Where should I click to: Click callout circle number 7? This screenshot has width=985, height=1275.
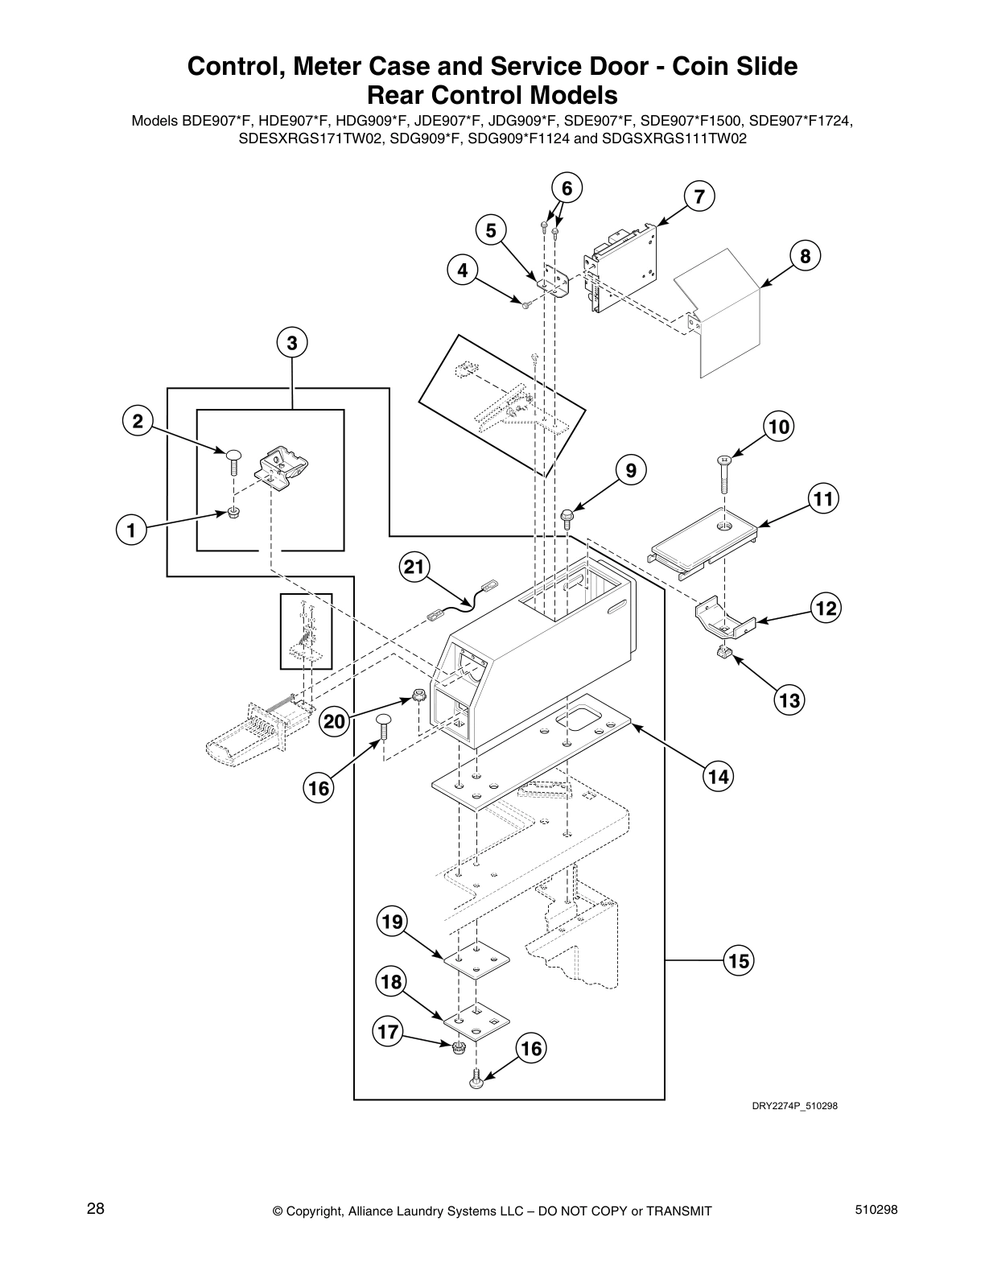(x=699, y=196)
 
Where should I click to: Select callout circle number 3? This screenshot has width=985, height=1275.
(x=291, y=343)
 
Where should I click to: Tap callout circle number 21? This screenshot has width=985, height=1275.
(x=414, y=567)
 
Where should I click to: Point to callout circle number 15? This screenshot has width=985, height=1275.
(x=738, y=960)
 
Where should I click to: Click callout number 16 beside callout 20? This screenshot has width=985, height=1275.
(x=319, y=788)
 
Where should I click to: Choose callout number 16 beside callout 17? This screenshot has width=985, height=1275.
(x=531, y=1049)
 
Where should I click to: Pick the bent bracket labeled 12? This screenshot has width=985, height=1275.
(x=723, y=617)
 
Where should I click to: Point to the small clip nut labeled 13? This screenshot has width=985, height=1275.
(x=723, y=652)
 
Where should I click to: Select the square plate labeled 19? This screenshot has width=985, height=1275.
(x=476, y=957)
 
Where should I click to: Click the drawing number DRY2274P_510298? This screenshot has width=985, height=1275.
(x=794, y=1106)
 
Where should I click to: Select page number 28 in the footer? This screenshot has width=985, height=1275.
(x=95, y=1209)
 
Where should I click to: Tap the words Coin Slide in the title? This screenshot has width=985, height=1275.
(x=730, y=66)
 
